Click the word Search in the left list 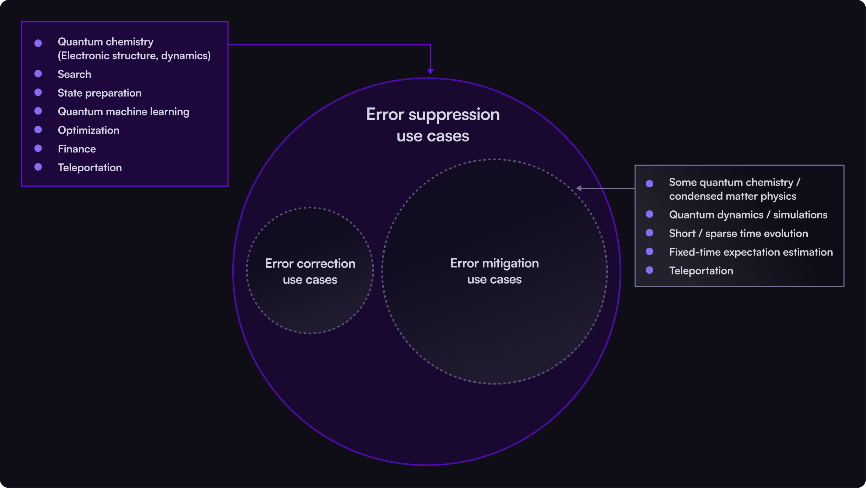pyautogui.click(x=74, y=74)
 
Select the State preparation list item pyautogui.click(x=99, y=93)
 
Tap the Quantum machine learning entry pyautogui.click(x=123, y=112)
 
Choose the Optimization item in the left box pyautogui.click(x=88, y=130)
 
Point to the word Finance pyautogui.click(x=77, y=149)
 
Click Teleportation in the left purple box pyautogui.click(x=90, y=168)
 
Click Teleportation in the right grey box pyautogui.click(x=701, y=271)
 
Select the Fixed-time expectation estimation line pyautogui.click(x=751, y=252)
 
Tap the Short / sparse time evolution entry pyautogui.click(x=738, y=234)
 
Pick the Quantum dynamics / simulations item pyautogui.click(x=748, y=215)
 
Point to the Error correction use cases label pyautogui.click(x=310, y=272)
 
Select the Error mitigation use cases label pyautogui.click(x=494, y=271)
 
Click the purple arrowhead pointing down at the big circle pyautogui.click(x=431, y=72)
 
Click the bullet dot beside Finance pyautogui.click(x=38, y=148)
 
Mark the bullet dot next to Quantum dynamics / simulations pyautogui.click(x=649, y=214)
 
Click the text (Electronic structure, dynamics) pyautogui.click(x=134, y=56)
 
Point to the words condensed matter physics pyautogui.click(x=732, y=196)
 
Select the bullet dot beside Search pyautogui.click(x=38, y=74)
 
